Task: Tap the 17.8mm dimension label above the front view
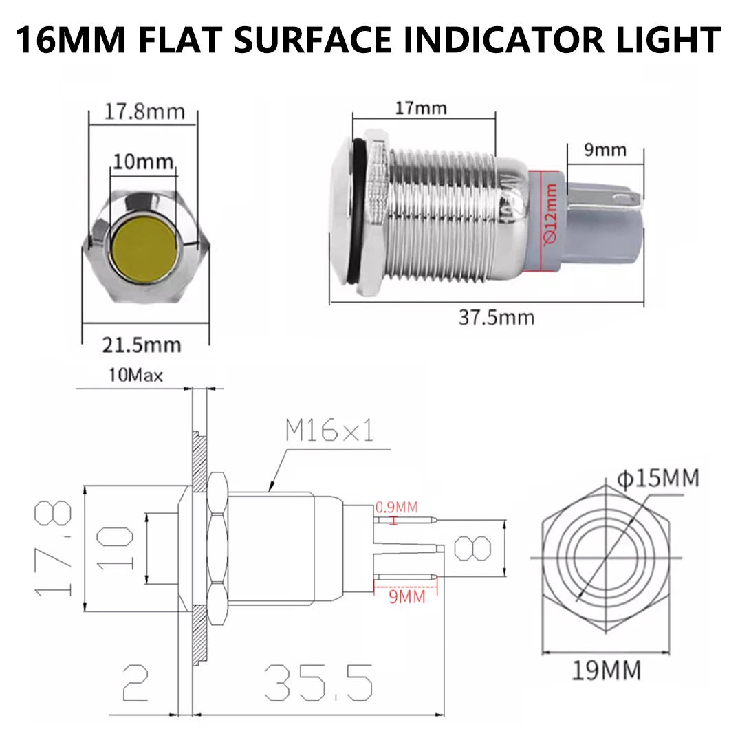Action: click(144, 111)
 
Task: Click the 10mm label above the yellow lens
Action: click(144, 162)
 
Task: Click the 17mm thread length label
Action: click(421, 108)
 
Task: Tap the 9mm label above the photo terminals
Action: click(605, 149)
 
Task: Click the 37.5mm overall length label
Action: click(496, 317)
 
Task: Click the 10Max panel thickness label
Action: click(135, 375)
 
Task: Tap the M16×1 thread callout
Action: click(329, 431)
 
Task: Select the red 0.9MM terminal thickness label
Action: click(396, 508)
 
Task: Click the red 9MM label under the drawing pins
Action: click(407, 596)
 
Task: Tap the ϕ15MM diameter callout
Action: click(657, 477)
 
